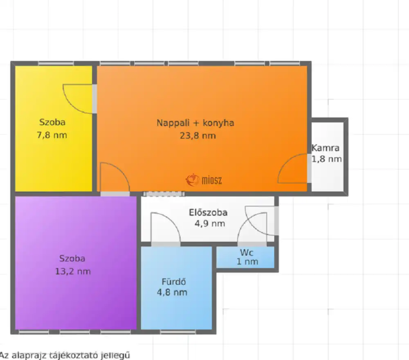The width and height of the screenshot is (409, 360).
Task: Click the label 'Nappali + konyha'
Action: pos(196,123)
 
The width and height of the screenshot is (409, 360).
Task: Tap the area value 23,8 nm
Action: pos(198,136)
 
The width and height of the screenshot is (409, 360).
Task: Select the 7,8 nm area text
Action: pos(52,135)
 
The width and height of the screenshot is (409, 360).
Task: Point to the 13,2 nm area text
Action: pos(73,271)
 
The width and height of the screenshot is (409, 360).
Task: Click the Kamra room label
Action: pos(326,148)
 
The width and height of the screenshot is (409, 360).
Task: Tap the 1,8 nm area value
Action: pos(326,159)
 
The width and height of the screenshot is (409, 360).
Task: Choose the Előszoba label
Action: pos(208,212)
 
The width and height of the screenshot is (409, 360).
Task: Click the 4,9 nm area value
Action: pos(210,224)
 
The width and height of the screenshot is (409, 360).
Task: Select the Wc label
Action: pos(247,253)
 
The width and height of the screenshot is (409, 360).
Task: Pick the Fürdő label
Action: pos(174,282)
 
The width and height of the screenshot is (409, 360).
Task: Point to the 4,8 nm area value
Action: pos(172,292)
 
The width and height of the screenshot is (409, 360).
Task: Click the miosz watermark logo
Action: pos(204,180)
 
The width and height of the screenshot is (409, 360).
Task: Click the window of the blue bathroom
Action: pos(178,332)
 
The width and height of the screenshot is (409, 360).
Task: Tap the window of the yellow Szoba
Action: pos(56,63)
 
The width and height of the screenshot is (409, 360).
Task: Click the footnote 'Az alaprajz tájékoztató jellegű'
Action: pos(65,355)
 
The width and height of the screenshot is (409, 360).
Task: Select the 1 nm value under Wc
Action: pos(247,262)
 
